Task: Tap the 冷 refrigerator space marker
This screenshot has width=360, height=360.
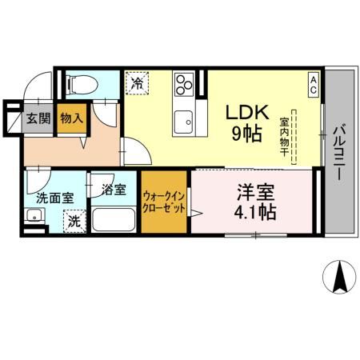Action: (x=136, y=82)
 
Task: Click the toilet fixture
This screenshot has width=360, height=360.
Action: (x=80, y=82)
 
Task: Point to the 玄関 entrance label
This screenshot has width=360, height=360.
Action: (x=38, y=118)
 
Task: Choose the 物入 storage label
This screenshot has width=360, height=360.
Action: (x=71, y=118)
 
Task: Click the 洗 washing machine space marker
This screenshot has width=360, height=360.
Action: (x=74, y=220)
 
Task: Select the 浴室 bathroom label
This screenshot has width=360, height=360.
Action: (x=113, y=190)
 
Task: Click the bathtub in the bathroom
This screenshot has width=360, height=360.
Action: (x=113, y=219)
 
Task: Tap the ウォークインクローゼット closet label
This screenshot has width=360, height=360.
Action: (x=165, y=201)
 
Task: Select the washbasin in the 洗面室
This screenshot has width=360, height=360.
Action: (x=34, y=215)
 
